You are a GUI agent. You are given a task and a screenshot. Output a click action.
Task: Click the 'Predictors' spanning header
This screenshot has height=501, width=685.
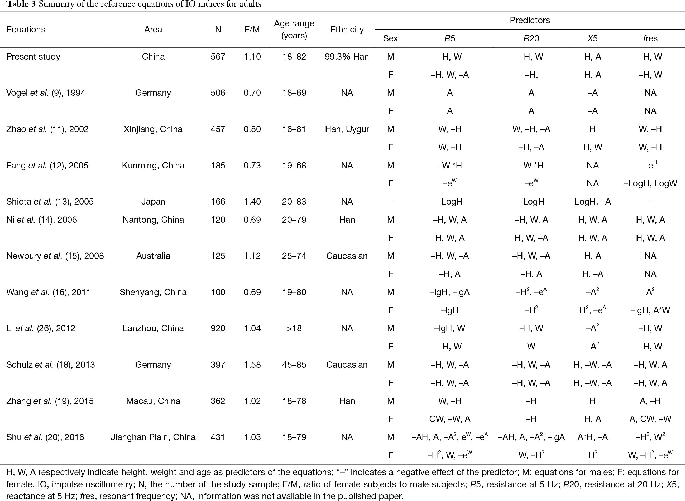click(x=530, y=20)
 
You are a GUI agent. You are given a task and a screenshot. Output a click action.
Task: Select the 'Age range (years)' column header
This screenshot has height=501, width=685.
click(x=294, y=30)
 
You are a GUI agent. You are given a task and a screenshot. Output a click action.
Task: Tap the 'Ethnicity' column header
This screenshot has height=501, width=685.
click(x=347, y=30)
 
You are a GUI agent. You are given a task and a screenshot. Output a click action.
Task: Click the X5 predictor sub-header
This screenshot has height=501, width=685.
click(x=592, y=38)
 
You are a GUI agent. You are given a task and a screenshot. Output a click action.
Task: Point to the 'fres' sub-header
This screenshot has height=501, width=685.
click(x=650, y=38)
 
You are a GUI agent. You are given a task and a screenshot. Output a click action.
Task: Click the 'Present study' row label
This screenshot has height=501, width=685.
click(x=33, y=57)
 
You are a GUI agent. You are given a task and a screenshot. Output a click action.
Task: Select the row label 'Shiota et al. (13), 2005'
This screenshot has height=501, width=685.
click(x=50, y=202)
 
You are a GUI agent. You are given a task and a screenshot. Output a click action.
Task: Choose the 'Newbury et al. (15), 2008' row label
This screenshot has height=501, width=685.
click(x=55, y=256)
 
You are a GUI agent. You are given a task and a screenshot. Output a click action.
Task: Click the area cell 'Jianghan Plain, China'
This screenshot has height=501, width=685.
click(x=153, y=437)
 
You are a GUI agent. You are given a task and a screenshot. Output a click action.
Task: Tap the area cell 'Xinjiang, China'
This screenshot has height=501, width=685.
click(x=153, y=129)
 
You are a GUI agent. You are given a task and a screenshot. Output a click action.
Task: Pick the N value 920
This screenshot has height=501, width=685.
click(x=218, y=328)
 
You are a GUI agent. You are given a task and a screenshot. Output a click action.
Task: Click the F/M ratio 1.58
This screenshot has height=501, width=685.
click(x=252, y=364)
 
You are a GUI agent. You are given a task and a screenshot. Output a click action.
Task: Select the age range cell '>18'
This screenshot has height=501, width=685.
click(x=294, y=328)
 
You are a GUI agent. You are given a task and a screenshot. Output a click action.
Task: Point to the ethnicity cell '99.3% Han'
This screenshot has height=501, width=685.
click(x=347, y=57)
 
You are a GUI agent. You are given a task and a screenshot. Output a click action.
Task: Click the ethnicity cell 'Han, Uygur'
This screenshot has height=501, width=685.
click(x=347, y=129)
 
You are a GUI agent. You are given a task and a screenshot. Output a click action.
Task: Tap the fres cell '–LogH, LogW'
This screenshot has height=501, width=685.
click(x=650, y=183)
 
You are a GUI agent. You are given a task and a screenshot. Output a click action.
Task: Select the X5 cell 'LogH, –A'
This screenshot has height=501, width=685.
click(x=592, y=202)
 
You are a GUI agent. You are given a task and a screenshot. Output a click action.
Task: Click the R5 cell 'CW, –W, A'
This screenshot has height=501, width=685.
click(x=449, y=419)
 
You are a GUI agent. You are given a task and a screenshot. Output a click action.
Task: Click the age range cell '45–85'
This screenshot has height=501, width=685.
click(x=294, y=364)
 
